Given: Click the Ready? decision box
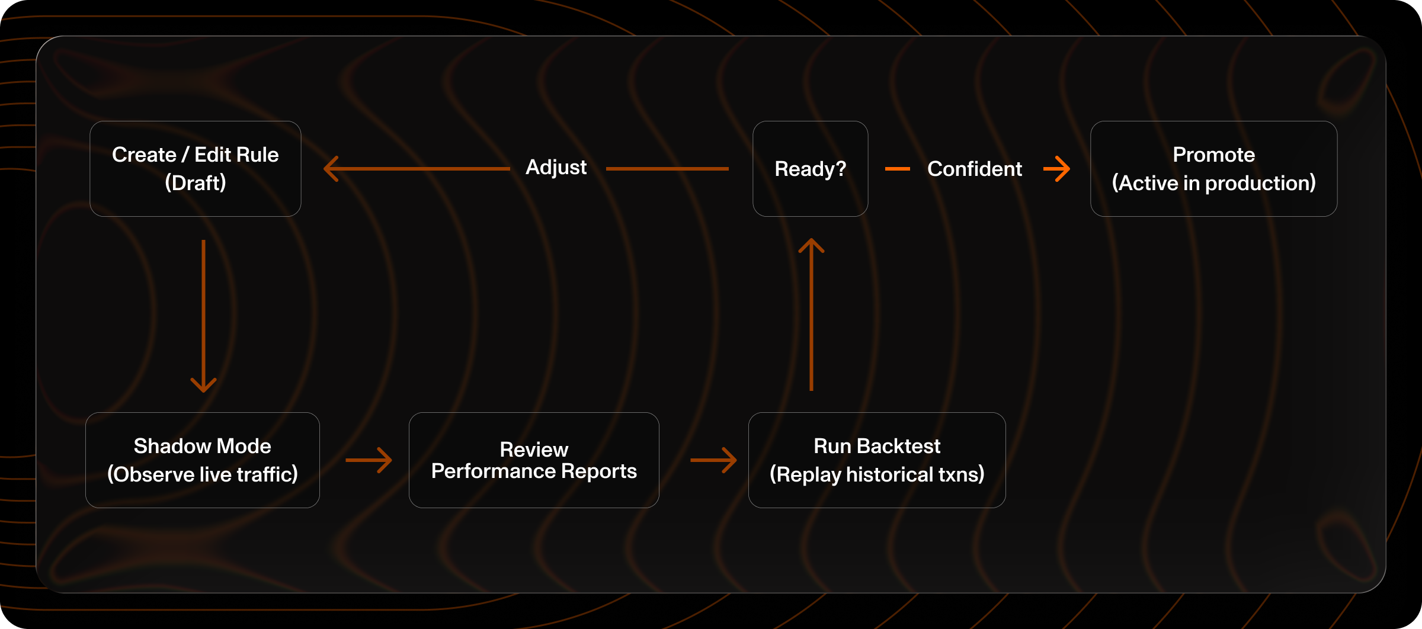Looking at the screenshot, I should click(810, 169).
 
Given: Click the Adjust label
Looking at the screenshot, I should click(556, 168).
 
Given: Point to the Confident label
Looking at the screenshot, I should click(974, 169).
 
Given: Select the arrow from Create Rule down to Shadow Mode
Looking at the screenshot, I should click(203, 314).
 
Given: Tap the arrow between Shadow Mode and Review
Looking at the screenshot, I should click(369, 460).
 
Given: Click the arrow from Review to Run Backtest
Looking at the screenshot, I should click(714, 460).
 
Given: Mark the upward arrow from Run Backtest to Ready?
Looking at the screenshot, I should click(811, 314).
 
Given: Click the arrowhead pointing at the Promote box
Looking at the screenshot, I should click(1058, 169).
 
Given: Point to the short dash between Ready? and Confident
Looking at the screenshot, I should click(897, 169).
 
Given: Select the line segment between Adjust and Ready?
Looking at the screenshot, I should click(667, 169).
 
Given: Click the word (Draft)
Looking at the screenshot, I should click(195, 183).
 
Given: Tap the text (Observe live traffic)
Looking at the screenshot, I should click(202, 474).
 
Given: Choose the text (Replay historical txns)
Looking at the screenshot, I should click(876, 474).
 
